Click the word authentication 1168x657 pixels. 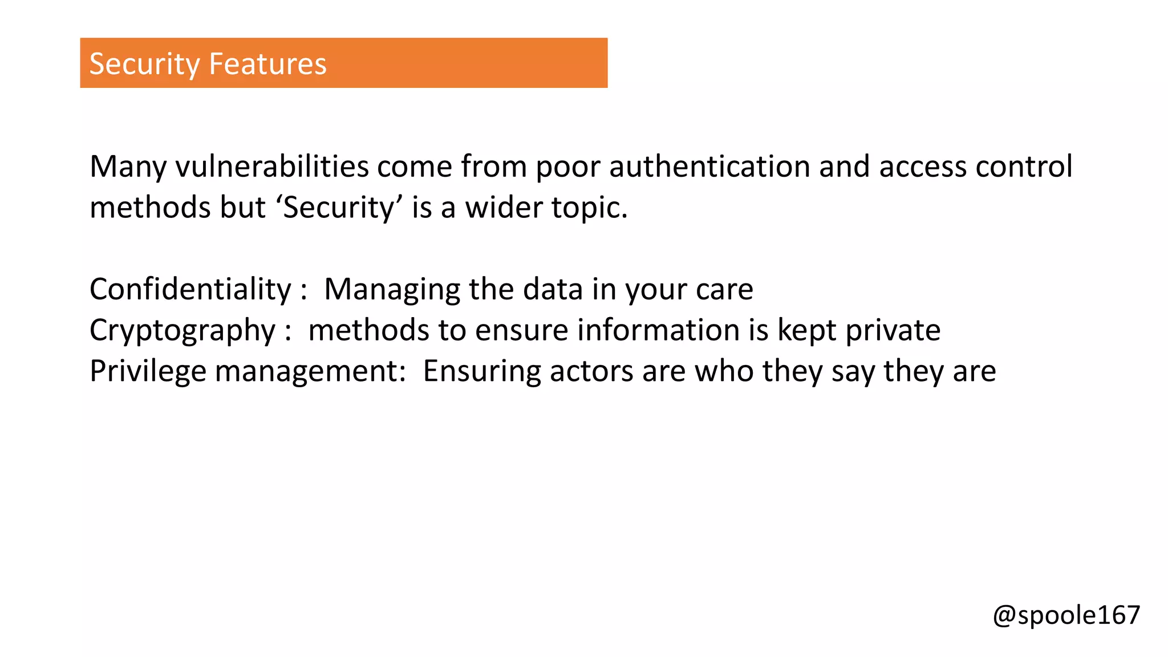709,167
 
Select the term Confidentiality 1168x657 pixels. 190,289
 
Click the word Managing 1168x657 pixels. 392,289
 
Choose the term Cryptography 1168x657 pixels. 182,330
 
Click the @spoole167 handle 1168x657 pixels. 1066,615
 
